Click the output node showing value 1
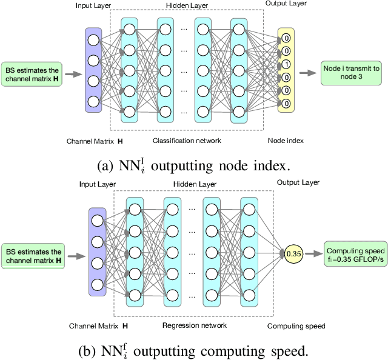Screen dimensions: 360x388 click(x=286, y=65)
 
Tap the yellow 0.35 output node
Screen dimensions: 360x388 click(x=293, y=255)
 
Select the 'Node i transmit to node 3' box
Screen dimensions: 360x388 click(x=351, y=73)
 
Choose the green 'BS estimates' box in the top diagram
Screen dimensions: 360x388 click(x=33, y=73)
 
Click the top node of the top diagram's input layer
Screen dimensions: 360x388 click(x=93, y=41)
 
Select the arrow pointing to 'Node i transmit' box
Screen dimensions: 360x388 click(x=309, y=73)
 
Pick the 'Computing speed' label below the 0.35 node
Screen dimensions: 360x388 click(x=296, y=326)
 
